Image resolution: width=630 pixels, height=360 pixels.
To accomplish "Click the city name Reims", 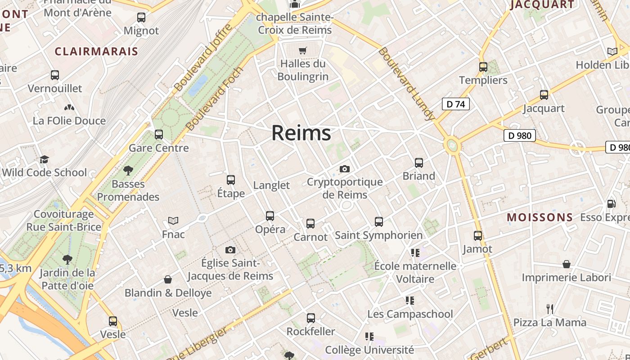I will pos(301,133).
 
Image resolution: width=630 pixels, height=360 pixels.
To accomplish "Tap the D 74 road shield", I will pos(455,104).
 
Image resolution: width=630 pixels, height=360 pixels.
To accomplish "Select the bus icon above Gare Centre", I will pos(158,134).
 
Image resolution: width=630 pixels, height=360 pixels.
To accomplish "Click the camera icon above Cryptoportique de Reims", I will pos(345,169).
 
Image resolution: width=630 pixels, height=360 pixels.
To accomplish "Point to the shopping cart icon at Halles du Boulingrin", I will pos(303,50).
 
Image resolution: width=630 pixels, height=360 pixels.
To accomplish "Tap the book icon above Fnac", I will pos(173,220).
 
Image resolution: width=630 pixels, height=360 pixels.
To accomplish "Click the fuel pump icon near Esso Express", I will pos(611,204).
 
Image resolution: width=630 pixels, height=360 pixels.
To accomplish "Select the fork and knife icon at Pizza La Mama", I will pos(549,309).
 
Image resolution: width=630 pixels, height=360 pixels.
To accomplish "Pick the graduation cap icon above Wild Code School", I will pos(44,159).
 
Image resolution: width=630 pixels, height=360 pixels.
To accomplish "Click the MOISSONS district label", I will pos(540,218).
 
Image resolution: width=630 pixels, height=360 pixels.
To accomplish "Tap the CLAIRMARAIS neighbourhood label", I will pos(96,51).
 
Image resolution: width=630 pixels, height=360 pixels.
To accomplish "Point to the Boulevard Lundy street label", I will pos(406,84).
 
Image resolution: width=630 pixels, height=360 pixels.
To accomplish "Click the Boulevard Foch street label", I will pos(214,99).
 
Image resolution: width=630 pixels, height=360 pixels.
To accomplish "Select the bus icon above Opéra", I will pos(270,216).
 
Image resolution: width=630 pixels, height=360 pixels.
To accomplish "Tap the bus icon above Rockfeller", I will pos(310,318).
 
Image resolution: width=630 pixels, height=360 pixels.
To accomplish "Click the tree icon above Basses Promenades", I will pos(128,170).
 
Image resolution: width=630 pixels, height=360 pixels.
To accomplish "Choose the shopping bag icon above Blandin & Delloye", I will pos(168,279).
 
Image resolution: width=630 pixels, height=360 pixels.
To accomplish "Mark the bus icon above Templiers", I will pos(483,67).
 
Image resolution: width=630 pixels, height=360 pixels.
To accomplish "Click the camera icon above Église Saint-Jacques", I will pos(230,250).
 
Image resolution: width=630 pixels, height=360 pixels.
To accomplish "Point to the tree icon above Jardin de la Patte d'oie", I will pos(67,259).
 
